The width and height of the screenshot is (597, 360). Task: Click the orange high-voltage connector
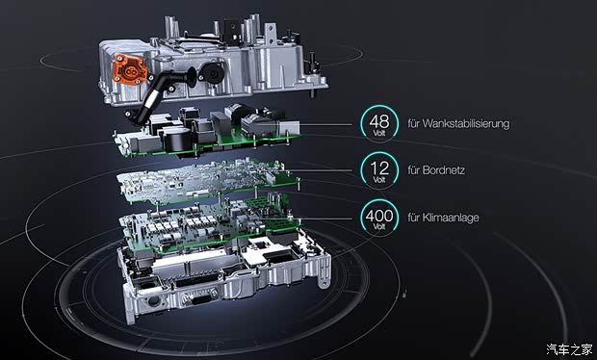[x=130, y=69]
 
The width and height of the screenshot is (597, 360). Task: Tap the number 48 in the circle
[x=379, y=122]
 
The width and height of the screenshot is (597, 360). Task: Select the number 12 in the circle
[x=379, y=168]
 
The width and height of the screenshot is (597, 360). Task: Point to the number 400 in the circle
[x=379, y=216]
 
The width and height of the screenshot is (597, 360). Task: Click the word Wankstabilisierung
[x=466, y=123]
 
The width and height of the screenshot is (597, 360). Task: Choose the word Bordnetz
[x=443, y=170]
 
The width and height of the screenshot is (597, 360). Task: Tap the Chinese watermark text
[x=569, y=349]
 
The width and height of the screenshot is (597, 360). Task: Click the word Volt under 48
[x=379, y=133]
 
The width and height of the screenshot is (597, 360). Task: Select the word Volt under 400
[x=379, y=227]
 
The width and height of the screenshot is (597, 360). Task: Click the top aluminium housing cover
[x=213, y=61]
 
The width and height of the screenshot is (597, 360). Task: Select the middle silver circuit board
[x=207, y=180]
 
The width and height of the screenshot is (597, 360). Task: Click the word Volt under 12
[x=379, y=180]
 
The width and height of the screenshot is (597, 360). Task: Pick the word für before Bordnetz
[x=413, y=170]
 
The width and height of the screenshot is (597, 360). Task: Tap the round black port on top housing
[x=212, y=72]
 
